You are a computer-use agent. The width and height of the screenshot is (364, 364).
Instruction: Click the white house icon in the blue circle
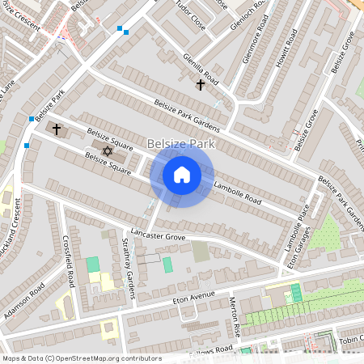point(182,174)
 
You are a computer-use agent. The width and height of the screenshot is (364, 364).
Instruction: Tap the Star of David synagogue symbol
point(108,150)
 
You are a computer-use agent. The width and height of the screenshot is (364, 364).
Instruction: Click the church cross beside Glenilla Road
point(200,84)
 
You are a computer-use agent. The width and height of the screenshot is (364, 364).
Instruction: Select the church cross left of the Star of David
point(57,129)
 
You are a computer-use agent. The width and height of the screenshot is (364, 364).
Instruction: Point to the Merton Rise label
point(235,315)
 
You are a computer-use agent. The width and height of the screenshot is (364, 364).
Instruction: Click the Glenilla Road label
point(201,69)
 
